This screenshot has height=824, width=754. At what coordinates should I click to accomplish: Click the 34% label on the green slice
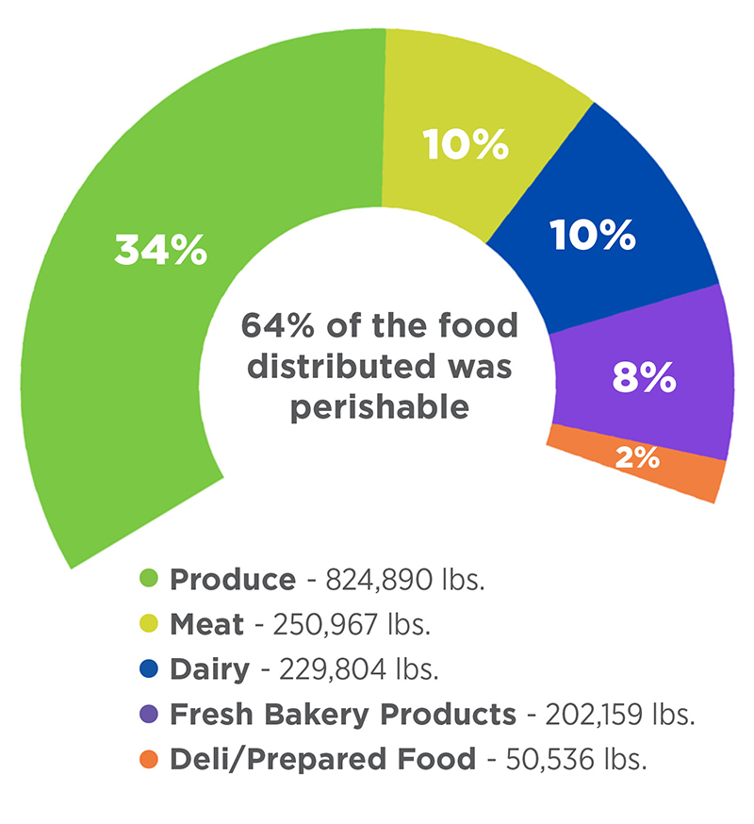click(x=160, y=251)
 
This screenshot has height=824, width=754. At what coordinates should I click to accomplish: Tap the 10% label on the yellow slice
click(x=466, y=145)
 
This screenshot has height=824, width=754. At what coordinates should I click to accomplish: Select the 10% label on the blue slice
click(x=593, y=235)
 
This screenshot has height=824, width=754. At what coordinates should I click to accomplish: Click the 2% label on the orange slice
click(x=637, y=460)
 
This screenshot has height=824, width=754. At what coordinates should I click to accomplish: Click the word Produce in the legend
click(x=232, y=579)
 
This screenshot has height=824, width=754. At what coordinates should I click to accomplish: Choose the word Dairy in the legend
click(x=209, y=669)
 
